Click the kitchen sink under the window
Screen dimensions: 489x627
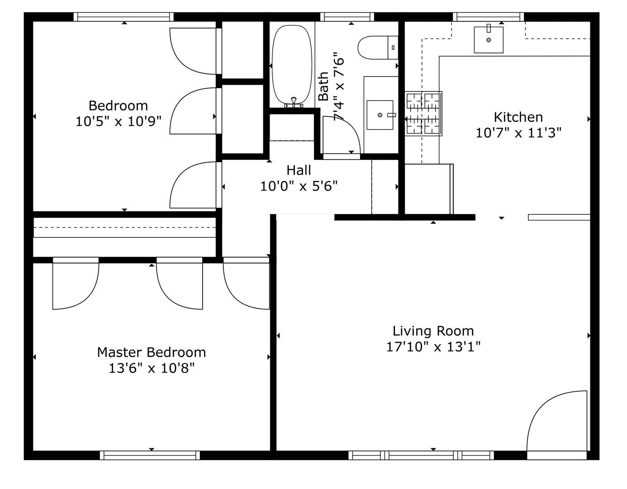[x=489, y=40]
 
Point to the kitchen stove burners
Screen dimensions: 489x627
[x=423, y=114]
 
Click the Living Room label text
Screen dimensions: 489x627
[x=433, y=331]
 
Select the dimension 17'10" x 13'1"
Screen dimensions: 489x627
[x=433, y=347]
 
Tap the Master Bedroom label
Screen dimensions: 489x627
[x=152, y=352]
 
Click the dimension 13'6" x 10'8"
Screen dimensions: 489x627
[x=152, y=368]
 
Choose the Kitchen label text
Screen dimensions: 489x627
[x=518, y=117]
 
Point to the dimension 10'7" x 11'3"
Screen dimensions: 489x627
[x=518, y=133]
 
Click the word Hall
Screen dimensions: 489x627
[x=299, y=170]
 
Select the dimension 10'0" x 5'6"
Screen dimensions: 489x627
[x=299, y=186]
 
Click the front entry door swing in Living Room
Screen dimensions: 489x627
[x=556, y=421]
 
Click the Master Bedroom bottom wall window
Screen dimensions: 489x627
[x=150, y=455]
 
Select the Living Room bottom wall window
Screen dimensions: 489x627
[x=421, y=455]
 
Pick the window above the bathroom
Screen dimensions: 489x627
[x=347, y=17]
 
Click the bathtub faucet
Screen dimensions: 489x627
[x=294, y=102]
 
